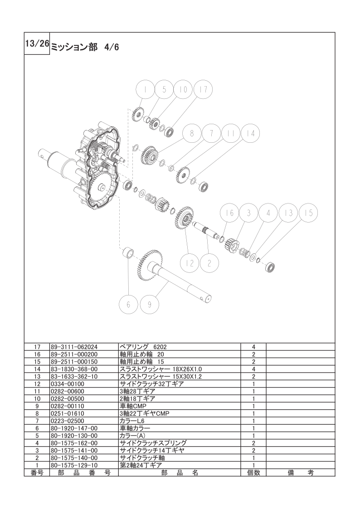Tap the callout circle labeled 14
(250, 134)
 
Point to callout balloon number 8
(192, 134)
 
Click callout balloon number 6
(128, 304)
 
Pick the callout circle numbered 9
(150, 304)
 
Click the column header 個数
(253, 472)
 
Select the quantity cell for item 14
(253, 368)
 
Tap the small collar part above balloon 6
(128, 252)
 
